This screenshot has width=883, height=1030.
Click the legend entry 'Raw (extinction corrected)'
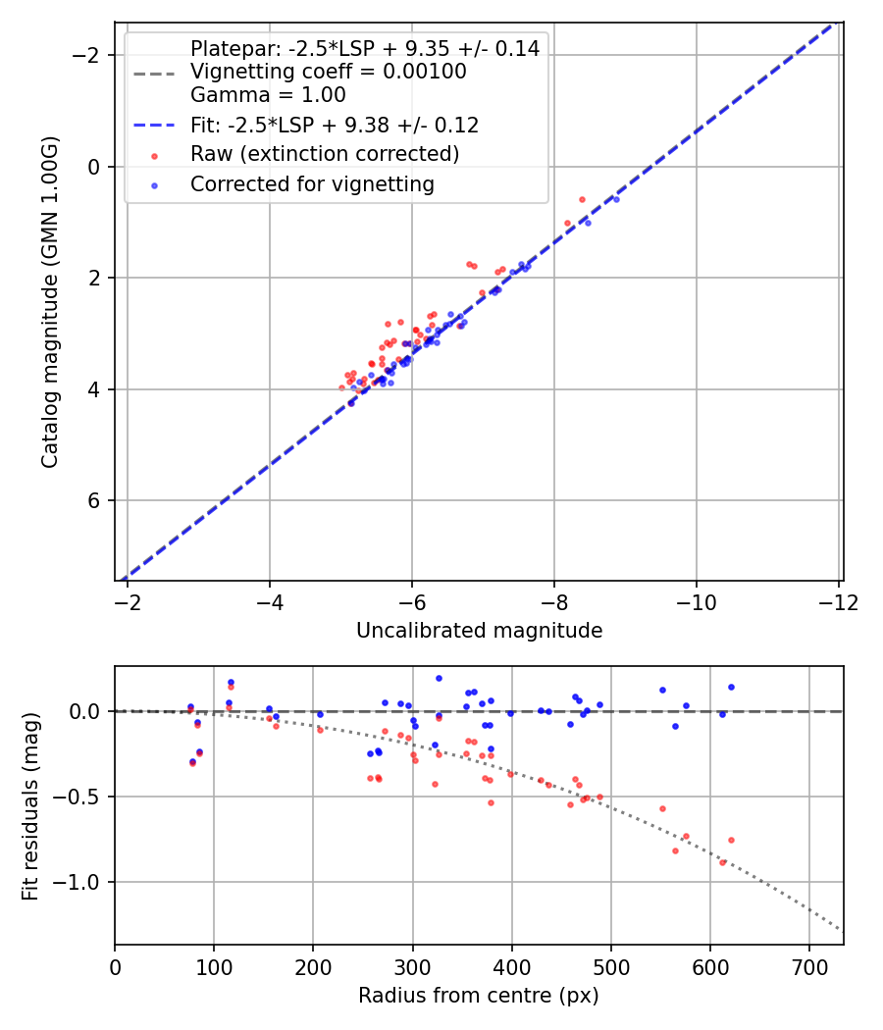pos(324,154)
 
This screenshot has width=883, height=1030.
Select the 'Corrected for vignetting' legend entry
pos(312,183)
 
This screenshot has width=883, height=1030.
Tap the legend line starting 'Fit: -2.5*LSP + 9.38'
pos(334,126)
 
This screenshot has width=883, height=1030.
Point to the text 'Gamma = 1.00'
pos(268,95)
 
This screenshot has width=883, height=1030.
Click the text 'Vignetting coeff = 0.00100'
pos(328,72)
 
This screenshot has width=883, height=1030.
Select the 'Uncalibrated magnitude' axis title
pos(479,631)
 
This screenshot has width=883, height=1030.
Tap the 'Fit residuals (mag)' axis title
pos(30,805)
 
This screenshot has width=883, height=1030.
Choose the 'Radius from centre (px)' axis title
pos(479,996)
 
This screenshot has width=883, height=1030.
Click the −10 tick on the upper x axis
pos(696,600)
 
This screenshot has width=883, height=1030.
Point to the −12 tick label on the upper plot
pos(838,600)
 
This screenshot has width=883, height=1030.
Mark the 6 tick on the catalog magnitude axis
pos(95,501)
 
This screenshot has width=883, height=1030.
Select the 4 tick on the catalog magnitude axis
pos(95,389)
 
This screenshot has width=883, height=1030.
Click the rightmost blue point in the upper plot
pos(616,199)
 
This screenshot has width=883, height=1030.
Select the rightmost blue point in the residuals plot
pos(731,687)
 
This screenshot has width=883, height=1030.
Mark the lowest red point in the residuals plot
pos(723,862)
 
